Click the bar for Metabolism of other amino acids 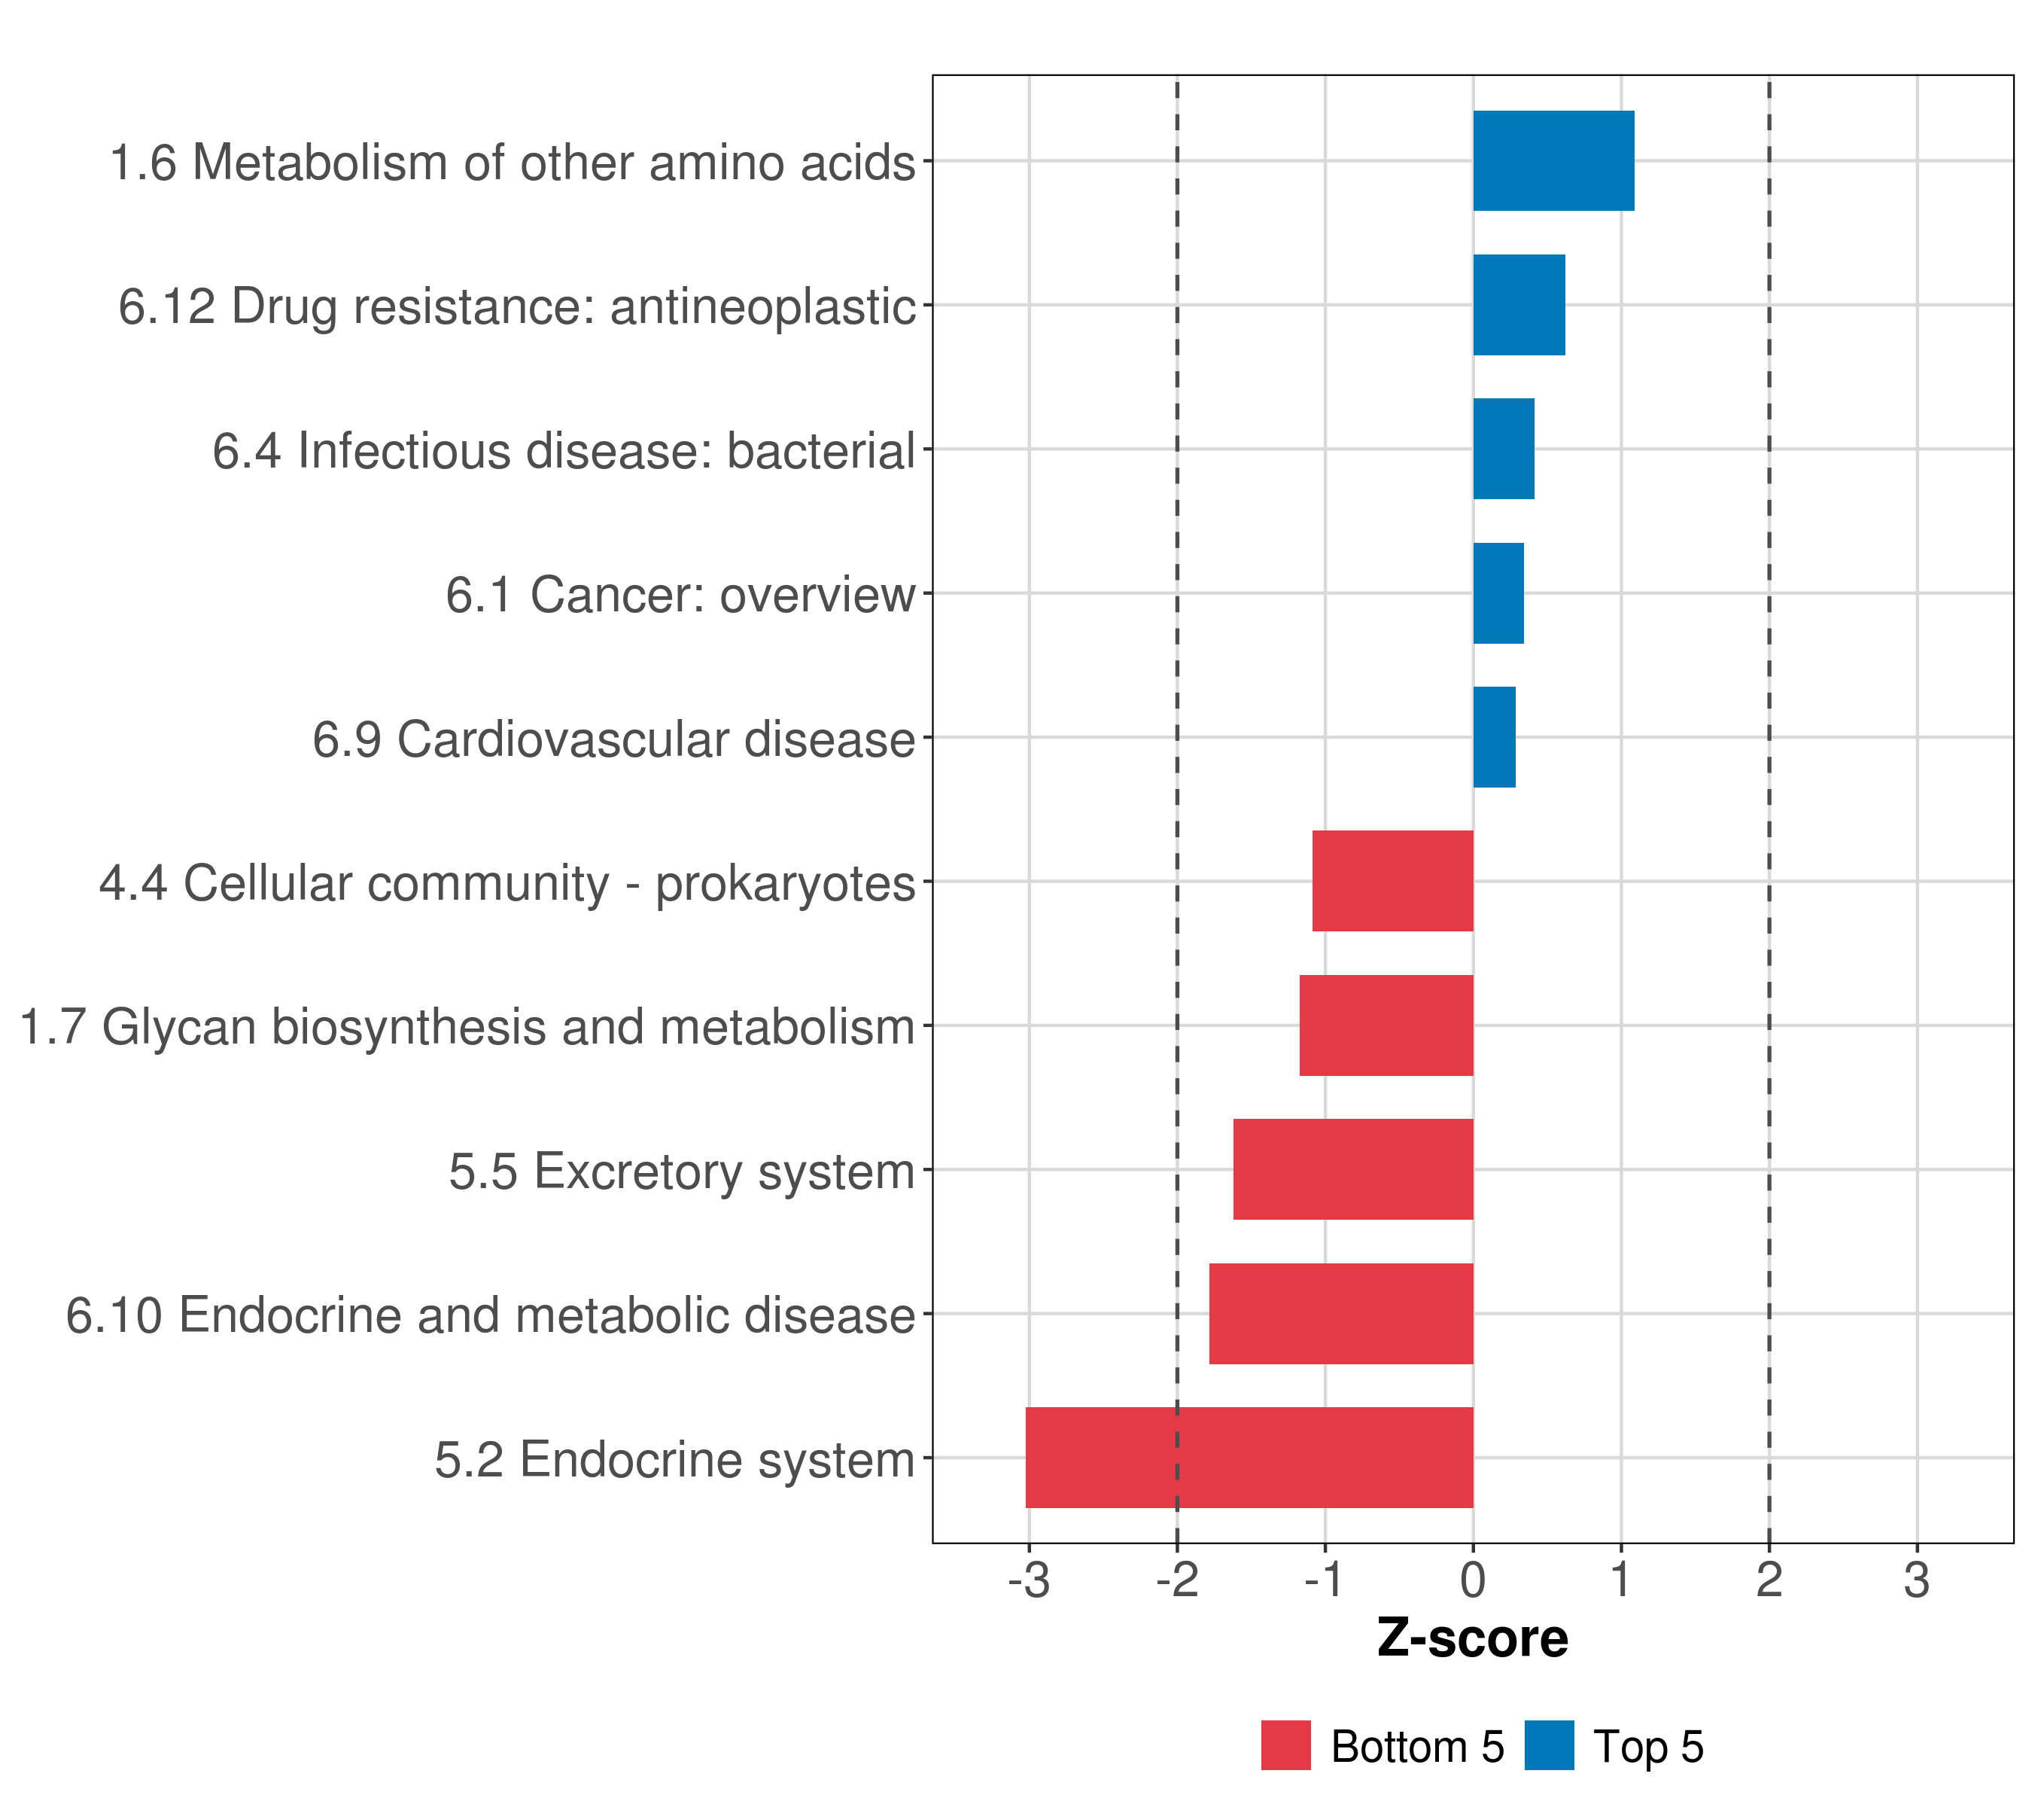1553,160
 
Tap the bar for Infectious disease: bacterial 1503,449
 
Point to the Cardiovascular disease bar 1494,737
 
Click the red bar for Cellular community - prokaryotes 1392,881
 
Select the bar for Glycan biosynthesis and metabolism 1386,1025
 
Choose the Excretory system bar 1353,1169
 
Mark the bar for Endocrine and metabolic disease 1341,1314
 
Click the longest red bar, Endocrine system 1249,1458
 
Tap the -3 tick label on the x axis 1029,1580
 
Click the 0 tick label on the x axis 1474,1580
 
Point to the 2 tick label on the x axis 1769,1580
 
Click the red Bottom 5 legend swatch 1285,1745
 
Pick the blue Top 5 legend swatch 1549,1745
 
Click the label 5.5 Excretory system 681,1172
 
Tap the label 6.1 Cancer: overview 680,595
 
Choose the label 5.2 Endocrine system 674,1460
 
